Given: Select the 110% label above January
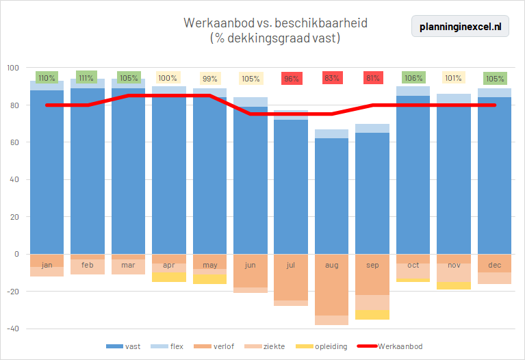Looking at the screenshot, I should (47, 78).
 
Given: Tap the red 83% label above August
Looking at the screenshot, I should (332, 78).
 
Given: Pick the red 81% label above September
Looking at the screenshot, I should (373, 78).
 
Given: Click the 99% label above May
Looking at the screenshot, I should (209, 78).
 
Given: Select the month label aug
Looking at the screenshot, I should (332, 264).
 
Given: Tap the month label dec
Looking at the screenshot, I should (494, 264).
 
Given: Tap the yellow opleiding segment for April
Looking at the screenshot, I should (169, 277).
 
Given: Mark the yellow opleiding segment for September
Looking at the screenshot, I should (372, 315).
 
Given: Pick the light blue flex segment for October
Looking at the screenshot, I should (413, 91).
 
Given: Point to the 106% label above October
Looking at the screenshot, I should (413, 78).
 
